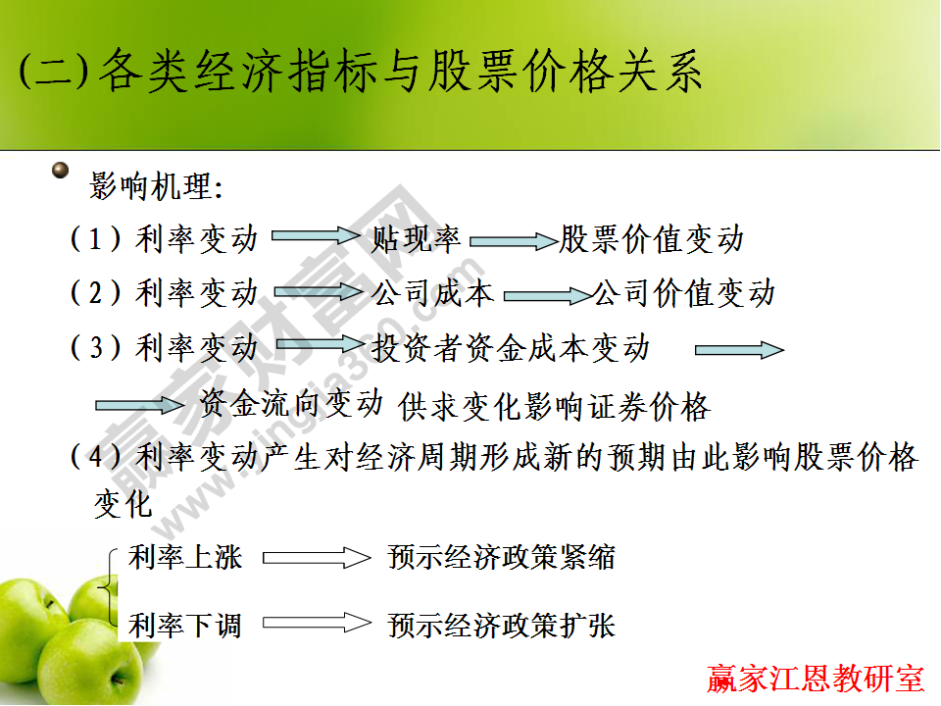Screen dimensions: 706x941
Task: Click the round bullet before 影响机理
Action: (62, 172)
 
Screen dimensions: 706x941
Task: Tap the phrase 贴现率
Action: (416, 238)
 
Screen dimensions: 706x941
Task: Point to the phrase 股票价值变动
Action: (651, 238)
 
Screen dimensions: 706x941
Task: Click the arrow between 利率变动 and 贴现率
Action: (316, 236)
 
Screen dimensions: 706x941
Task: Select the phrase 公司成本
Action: (432, 292)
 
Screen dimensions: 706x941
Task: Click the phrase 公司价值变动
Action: (683, 292)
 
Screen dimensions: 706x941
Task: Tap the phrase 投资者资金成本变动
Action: (511, 347)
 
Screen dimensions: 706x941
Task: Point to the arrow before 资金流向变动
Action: (139, 403)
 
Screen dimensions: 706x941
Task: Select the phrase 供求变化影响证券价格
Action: (554, 406)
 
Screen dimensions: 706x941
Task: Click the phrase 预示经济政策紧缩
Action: (501, 558)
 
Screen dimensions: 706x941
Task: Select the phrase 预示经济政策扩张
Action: (501, 625)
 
